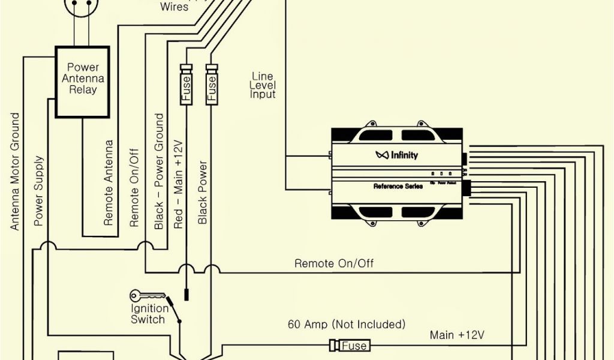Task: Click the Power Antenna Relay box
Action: (82, 82)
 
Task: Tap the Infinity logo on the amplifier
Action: (397, 155)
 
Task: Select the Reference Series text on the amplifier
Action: (398, 187)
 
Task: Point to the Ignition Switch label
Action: (148, 314)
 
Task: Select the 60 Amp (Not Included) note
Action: (347, 325)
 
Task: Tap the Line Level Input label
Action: (263, 85)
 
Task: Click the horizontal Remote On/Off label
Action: (335, 263)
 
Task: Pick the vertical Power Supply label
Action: (39, 191)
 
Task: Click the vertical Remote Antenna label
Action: (109, 183)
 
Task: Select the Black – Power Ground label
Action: (159, 172)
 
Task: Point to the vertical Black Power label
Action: (203, 193)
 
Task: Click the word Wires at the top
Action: (174, 7)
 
